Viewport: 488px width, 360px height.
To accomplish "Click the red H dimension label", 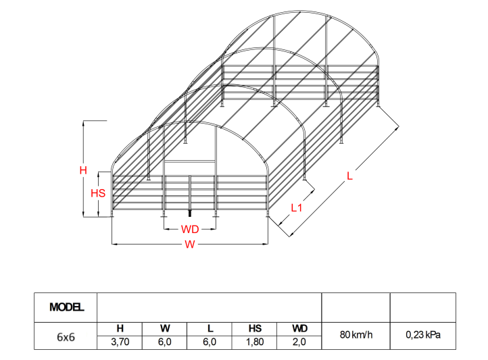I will (84, 171).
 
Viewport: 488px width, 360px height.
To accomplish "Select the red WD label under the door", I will (190, 229).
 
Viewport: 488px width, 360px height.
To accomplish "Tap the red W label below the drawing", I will (190, 245).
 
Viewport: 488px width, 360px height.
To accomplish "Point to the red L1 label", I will (295, 207).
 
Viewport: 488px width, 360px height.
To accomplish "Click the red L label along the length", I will (349, 176).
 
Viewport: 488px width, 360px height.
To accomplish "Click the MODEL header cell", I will (66, 307).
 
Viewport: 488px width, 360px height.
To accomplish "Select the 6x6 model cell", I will (66, 335).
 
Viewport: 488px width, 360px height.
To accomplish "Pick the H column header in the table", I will (120, 329).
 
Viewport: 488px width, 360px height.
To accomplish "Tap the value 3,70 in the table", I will (120, 342).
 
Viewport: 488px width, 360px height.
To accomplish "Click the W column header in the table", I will (164, 329).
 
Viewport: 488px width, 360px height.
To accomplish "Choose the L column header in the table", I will (210, 329).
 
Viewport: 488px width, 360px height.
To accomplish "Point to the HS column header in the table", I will (255, 329).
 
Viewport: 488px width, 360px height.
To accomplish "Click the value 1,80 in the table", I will (255, 342).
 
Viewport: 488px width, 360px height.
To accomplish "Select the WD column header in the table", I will (299, 329).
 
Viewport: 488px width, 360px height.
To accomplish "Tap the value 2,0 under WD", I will (299, 342).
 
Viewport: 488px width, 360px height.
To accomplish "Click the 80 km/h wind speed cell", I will (356, 335).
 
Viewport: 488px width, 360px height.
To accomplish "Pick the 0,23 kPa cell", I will (423, 335).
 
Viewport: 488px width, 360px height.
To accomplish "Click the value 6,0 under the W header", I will (164, 342).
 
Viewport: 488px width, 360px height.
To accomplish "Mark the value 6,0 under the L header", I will (210, 342).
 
